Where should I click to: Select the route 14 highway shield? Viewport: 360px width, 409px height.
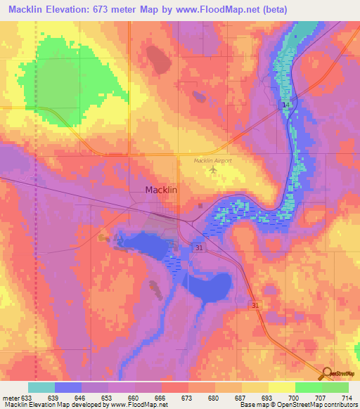pyautogui.click(x=285, y=105)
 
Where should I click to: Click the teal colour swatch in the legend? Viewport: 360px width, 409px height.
pyautogui.click(x=41, y=387)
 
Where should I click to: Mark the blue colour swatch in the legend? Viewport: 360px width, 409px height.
pyautogui.click(x=68, y=387)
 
